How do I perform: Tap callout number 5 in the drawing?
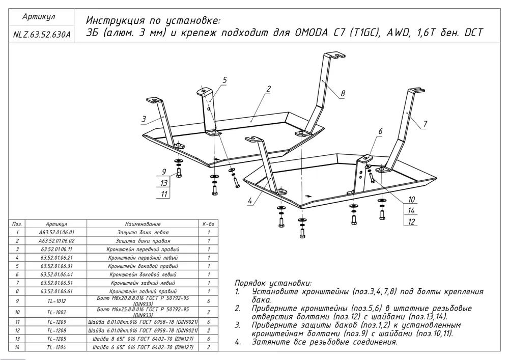pos(224,80)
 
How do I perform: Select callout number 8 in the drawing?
pos(343,94)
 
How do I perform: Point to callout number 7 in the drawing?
pos(425,124)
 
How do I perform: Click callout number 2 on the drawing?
pos(268,89)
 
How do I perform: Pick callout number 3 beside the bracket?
pos(145,119)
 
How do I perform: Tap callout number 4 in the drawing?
pos(250,201)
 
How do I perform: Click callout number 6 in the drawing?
pos(380,131)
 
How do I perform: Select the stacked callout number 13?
pos(163,183)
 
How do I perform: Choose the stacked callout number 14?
pos(412,210)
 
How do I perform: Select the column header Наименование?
pos(143,224)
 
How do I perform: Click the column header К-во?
pos(209,224)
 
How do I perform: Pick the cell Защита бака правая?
pos(143,241)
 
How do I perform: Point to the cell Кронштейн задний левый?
pos(143,283)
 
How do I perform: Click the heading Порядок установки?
pos(273,283)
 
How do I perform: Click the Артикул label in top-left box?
pos(39,17)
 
